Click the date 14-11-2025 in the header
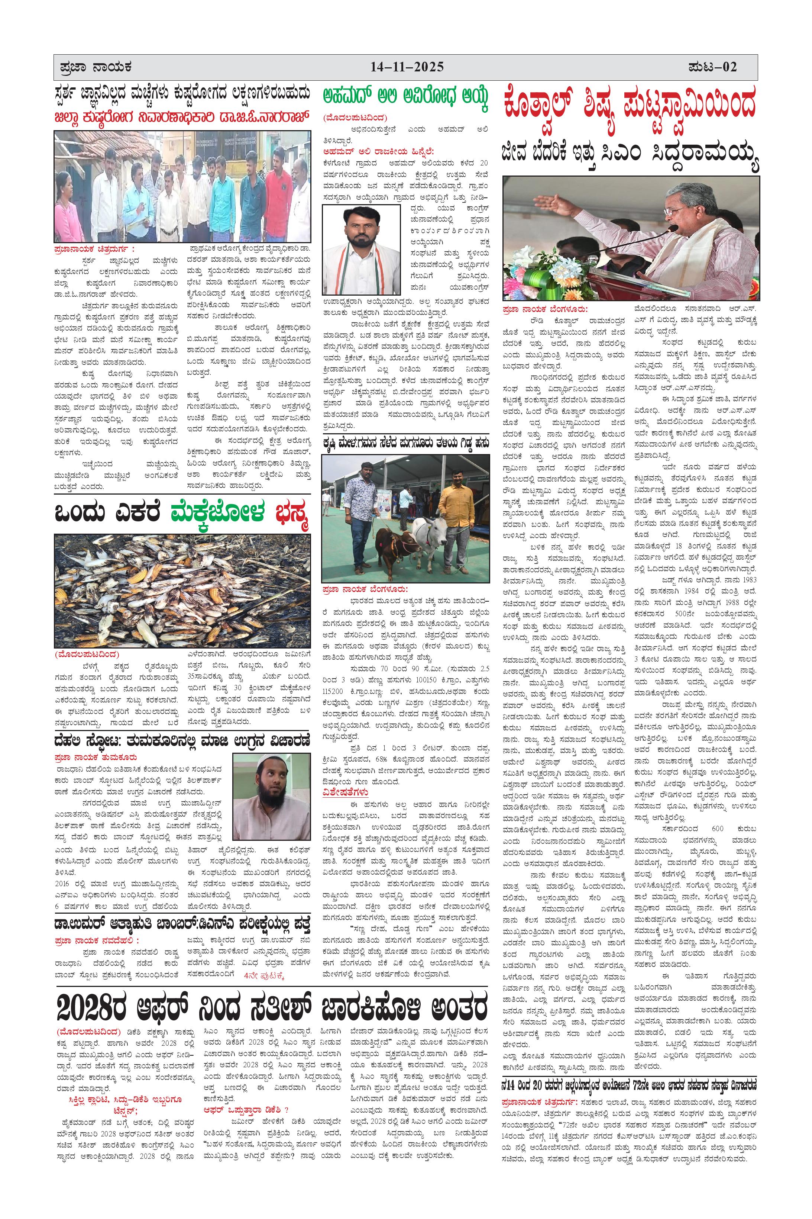tap(407, 67)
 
